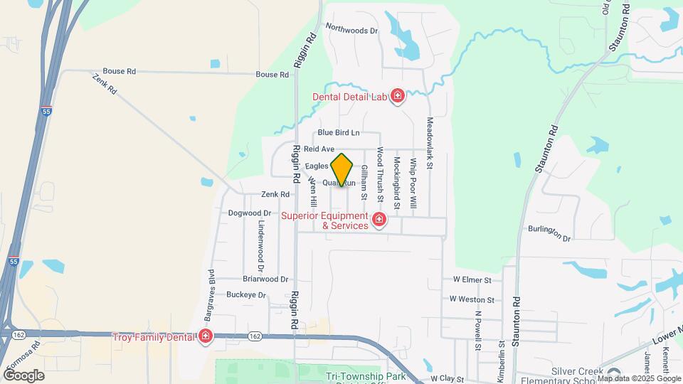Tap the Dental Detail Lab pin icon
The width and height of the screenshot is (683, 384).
click(x=397, y=96)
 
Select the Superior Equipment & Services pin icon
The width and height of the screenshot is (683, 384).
click(x=379, y=220)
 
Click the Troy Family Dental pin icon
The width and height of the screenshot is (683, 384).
click(x=206, y=336)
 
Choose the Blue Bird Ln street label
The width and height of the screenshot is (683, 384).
click(x=339, y=132)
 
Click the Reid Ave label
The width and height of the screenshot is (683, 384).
click(x=319, y=149)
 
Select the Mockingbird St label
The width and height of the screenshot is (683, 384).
click(x=397, y=183)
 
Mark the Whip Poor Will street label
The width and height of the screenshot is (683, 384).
click(x=413, y=183)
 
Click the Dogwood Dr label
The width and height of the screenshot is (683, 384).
click(x=250, y=213)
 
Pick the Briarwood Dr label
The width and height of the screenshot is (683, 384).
click(x=265, y=279)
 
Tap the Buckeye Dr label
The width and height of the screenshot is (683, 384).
click(x=245, y=294)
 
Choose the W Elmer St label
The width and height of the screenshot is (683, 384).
click(x=467, y=280)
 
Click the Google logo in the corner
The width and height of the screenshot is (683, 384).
click(x=23, y=375)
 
